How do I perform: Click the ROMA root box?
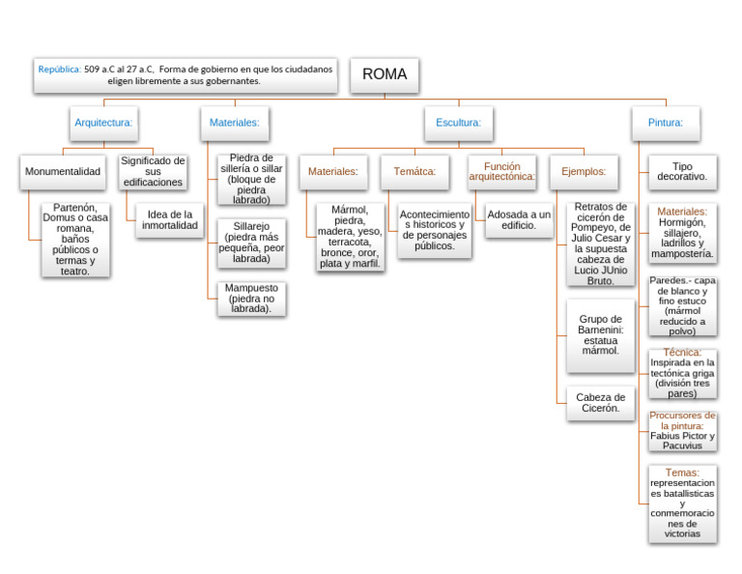coord(385,74)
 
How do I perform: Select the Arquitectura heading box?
coord(103,123)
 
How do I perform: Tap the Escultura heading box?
coord(458,123)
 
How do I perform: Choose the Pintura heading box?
coord(666,123)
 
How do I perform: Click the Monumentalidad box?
coord(63,172)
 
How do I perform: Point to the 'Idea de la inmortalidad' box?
coord(169,220)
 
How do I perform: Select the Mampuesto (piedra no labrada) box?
coord(251,299)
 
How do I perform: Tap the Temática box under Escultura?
coord(414,172)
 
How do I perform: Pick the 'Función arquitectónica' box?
coord(501,172)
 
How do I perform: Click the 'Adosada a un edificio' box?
coord(519,220)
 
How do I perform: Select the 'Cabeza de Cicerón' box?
coord(600,403)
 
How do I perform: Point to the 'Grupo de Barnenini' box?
coord(600,335)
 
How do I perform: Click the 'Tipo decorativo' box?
coord(682,172)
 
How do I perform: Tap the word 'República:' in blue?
coord(60,70)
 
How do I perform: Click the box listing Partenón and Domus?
coord(75,240)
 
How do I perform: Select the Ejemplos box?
coord(584,172)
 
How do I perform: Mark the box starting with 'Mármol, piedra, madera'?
coord(350,237)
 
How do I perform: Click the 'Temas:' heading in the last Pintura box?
coord(682,473)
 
